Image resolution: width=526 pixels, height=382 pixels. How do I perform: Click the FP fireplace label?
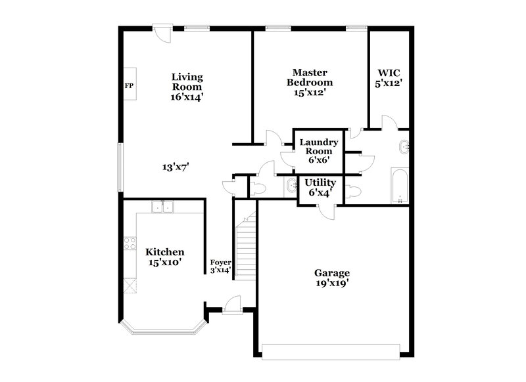tap(129, 86)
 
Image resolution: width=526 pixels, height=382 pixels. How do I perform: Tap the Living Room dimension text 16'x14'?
tap(187, 96)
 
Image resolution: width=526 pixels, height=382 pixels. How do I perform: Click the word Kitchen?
tap(164, 252)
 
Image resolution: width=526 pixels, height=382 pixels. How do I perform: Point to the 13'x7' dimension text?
tap(176, 167)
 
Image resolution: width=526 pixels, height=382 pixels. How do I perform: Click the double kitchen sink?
tap(162, 207)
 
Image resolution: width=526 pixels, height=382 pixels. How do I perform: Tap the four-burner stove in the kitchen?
tap(129, 244)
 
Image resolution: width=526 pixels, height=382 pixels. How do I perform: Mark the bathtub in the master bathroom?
tap(399, 186)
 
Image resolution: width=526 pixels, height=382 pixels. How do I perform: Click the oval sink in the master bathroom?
tap(404, 147)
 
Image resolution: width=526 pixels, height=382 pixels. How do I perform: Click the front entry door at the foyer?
tap(229, 303)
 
